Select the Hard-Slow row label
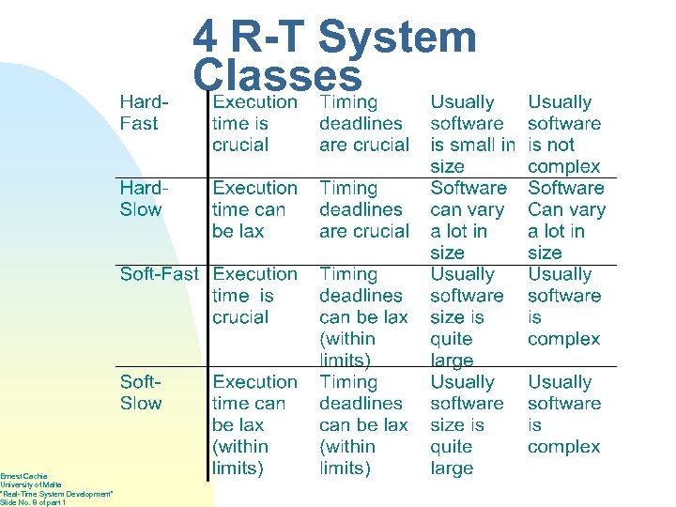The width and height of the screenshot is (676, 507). [x=141, y=199]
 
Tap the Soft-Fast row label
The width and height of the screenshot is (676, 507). [x=159, y=274]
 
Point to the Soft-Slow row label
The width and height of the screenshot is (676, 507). [x=141, y=392]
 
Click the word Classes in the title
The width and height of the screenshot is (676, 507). [x=276, y=76]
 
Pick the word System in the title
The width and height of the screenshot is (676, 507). [x=397, y=38]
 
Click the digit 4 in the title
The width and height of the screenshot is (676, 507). [x=206, y=38]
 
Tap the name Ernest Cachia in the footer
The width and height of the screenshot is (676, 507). [x=23, y=476]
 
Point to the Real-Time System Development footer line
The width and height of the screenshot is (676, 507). [x=56, y=494]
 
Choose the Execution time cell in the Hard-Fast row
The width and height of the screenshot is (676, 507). [x=254, y=123]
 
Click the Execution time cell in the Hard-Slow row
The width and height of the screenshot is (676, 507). [x=254, y=209]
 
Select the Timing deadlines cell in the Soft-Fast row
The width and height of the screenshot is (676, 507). [x=363, y=316]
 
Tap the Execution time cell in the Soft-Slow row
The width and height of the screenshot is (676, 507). [x=254, y=424]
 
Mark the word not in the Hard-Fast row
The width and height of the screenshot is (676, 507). [x=561, y=145]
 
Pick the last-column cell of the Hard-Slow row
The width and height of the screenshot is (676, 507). [x=565, y=220]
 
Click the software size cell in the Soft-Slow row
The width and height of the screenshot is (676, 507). [x=467, y=424]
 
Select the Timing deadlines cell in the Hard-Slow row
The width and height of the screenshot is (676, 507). [x=363, y=209]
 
